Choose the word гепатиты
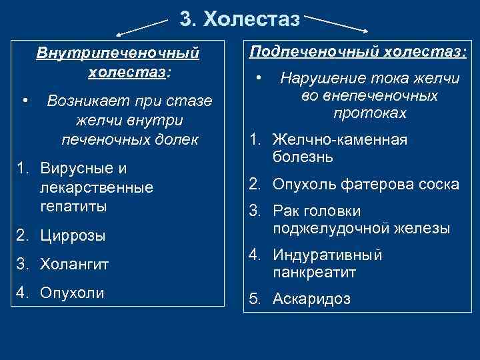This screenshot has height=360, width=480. click(73, 206)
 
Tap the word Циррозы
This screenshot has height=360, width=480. click(73, 235)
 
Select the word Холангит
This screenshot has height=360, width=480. click(75, 264)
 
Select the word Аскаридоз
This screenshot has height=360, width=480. click(311, 299)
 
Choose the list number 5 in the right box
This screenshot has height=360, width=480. click(254, 299)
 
